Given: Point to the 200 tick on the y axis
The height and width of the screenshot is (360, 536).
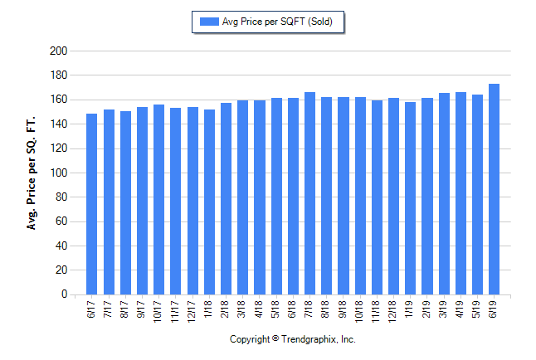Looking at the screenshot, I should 58,51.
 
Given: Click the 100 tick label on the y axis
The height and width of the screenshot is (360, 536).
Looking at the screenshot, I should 58,173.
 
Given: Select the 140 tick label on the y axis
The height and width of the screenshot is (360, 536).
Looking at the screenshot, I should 58,124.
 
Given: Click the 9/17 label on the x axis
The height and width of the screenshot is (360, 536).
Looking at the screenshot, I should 142,309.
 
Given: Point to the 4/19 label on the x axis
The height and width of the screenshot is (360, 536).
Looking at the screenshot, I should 460,309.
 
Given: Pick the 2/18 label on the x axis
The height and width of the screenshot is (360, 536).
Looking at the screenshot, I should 226,309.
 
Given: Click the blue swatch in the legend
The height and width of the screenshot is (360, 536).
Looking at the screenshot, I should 207,22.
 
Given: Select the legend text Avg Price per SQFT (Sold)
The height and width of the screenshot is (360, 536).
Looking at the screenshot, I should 277,22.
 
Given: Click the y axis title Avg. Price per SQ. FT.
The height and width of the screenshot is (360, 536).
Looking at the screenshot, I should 32,173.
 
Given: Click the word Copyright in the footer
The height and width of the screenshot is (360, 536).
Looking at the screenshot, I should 250,340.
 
